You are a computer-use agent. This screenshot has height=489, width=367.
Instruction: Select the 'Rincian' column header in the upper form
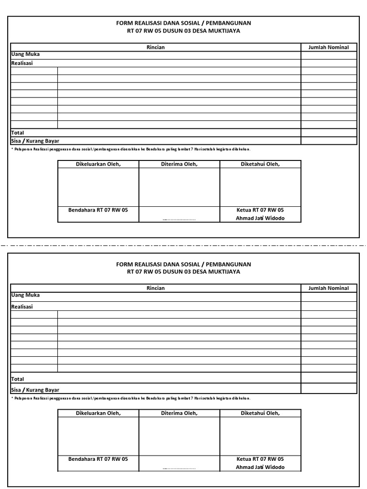tap(155, 47)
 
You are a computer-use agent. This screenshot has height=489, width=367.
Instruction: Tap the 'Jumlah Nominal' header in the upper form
tap(328, 47)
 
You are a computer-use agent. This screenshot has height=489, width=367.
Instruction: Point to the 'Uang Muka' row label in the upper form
tap(25, 54)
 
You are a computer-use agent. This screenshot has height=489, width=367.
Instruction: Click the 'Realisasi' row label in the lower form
tap(22, 307)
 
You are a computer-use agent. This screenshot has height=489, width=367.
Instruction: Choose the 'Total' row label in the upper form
tap(18, 133)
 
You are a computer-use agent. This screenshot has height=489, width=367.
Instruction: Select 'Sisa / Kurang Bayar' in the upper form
tap(35, 141)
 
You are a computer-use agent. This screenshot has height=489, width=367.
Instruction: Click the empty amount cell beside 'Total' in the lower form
tap(328, 378)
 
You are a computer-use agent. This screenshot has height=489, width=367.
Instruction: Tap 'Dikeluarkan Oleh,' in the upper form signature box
tap(98, 164)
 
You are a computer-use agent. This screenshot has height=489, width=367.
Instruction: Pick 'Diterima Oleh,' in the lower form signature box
tap(179, 413)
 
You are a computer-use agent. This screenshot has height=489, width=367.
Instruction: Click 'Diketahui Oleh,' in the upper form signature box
tap(260, 164)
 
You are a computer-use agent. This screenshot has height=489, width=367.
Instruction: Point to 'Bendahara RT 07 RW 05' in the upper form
tap(98, 210)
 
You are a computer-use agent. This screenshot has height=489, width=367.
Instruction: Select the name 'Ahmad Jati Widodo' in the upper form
tap(260, 218)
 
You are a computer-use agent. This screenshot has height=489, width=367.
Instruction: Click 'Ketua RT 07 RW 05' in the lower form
tap(260, 459)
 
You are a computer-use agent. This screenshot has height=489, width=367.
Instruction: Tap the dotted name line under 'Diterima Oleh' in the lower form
tap(179, 468)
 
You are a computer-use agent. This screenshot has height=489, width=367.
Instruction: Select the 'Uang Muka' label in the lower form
tap(25, 295)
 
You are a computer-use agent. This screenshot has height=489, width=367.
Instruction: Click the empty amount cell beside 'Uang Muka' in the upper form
tap(328, 55)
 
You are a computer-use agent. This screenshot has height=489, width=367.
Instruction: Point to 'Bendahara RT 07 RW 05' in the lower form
tap(98, 459)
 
